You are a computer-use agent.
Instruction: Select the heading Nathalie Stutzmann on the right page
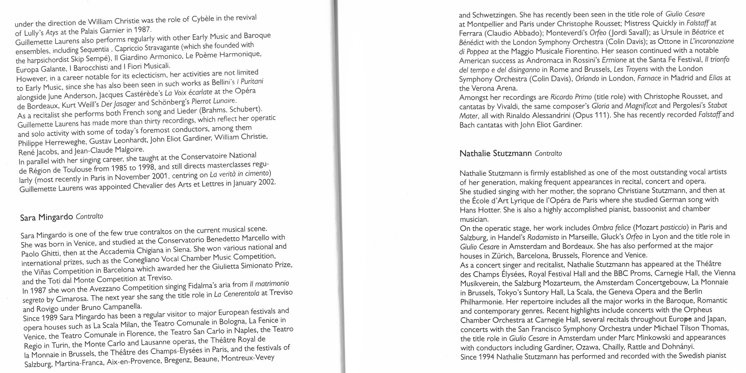pyautogui.click(x=495, y=153)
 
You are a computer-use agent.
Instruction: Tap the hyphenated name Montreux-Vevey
pyautogui.click(x=248, y=358)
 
